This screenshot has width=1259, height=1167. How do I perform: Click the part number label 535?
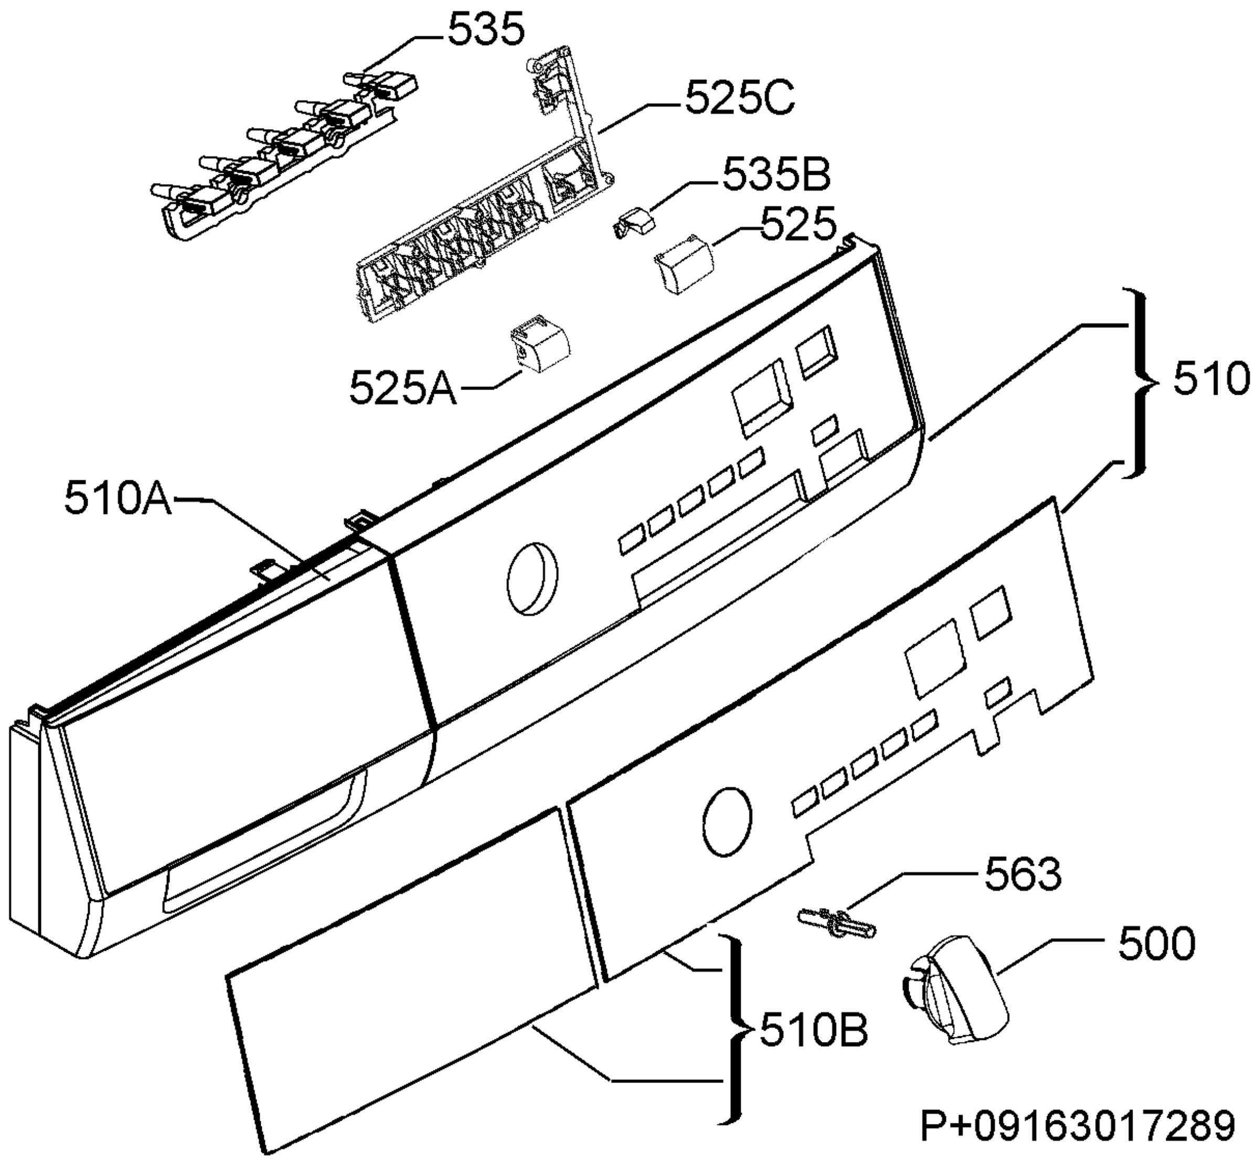(486, 30)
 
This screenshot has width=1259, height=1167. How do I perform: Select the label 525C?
(740, 99)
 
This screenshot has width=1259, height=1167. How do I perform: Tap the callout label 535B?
(776, 175)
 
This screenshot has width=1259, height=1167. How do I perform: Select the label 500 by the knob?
(1157, 943)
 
